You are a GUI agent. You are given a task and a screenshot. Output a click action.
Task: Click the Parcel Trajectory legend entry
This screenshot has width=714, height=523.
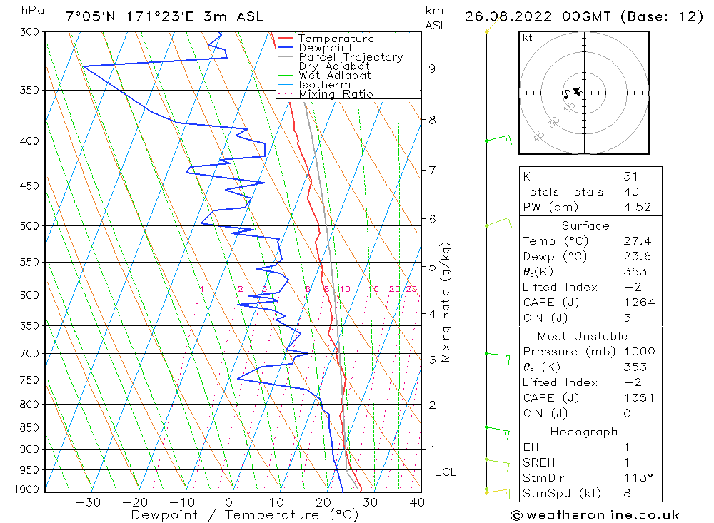(x=351, y=57)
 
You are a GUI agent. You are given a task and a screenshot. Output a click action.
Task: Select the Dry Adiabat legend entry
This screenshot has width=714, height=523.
(x=334, y=66)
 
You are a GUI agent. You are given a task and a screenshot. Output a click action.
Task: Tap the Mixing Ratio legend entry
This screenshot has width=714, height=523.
(x=336, y=94)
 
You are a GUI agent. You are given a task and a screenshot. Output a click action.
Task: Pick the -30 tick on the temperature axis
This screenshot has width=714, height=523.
(x=88, y=502)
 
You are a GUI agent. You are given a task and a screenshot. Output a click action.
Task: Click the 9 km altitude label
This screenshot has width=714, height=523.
(x=432, y=68)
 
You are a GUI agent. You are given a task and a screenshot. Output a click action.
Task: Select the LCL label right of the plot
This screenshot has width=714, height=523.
(x=445, y=472)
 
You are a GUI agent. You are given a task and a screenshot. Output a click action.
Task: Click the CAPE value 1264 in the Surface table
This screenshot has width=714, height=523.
(x=638, y=303)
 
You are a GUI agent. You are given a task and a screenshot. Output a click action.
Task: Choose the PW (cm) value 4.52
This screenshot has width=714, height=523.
(x=635, y=207)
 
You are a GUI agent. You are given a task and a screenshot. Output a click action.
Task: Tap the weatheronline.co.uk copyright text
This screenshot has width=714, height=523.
(x=595, y=515)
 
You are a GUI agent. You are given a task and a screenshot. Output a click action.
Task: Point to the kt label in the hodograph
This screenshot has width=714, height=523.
(x=528, y=38)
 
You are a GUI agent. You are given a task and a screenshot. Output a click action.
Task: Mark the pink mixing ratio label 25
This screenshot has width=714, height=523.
(x=411, y=289)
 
